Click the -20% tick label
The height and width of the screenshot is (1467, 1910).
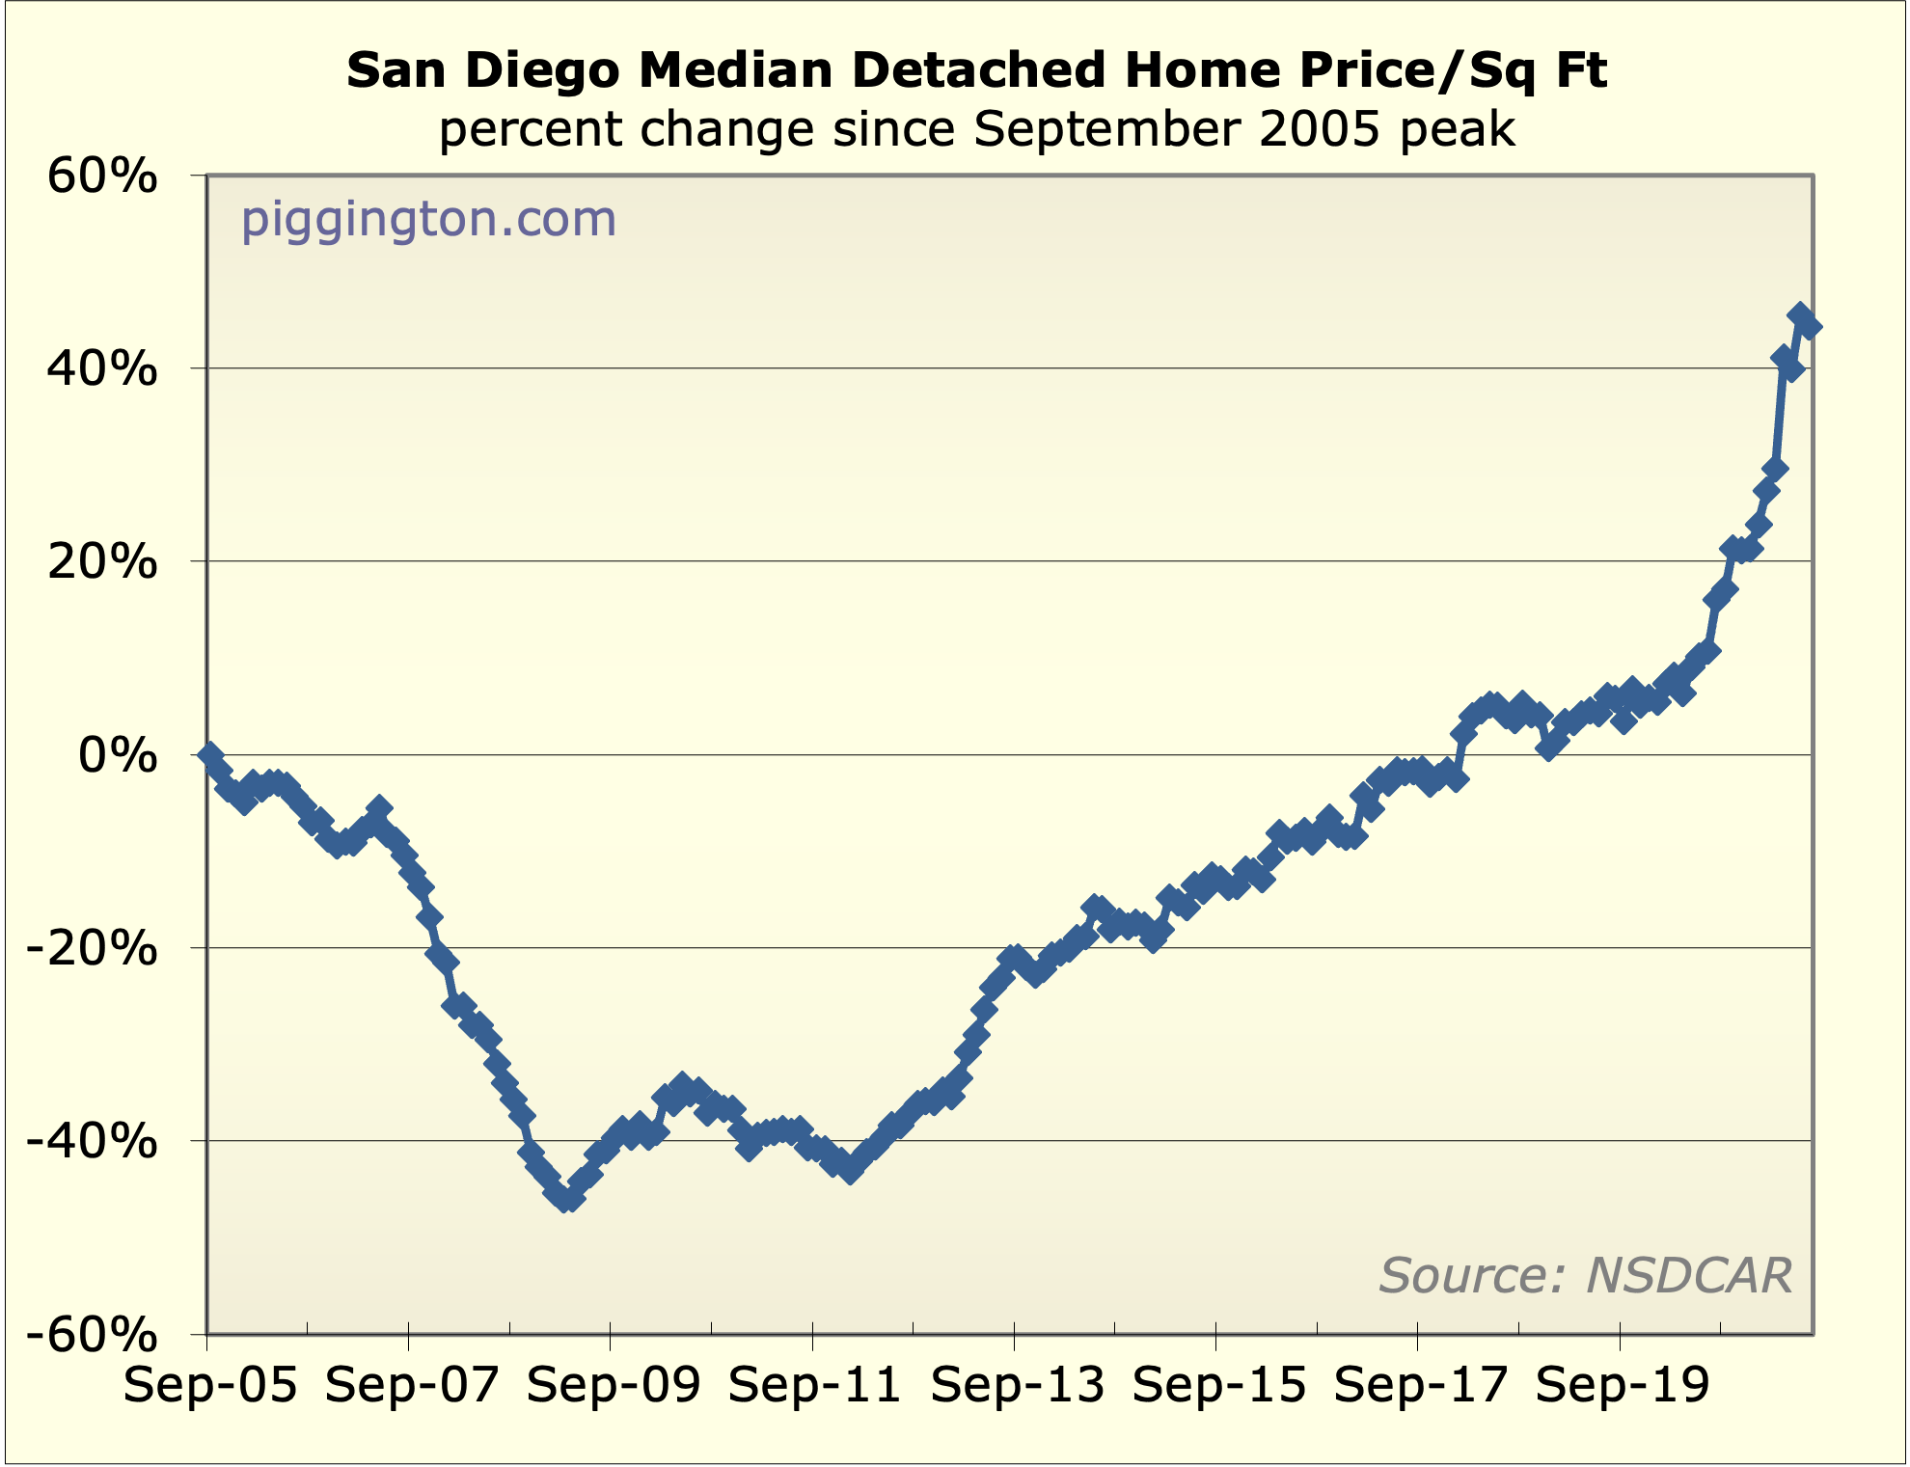click(92, 949)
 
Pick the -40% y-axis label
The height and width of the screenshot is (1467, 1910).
click(92, 1142)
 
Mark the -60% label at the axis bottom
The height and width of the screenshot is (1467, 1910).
click(92, 1336)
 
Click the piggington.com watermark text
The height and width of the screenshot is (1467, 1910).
click(428, 219)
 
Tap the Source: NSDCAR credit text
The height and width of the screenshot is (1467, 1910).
click(1585, 1275)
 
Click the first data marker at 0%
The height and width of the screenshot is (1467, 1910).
click(210, 754)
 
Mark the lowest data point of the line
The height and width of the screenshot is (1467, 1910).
click(567, 1199)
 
